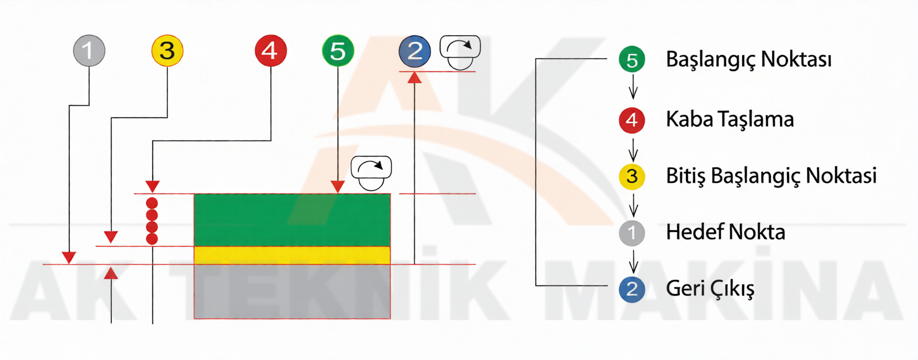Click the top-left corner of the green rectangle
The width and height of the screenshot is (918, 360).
point(194,194)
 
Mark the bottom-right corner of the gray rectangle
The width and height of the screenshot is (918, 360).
point(390,318)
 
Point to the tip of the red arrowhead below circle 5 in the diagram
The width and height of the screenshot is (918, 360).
point(338,193)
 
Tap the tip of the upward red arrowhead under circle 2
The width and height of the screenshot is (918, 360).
point(415,72)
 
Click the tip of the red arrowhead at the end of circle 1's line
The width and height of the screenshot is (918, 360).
point(69,264)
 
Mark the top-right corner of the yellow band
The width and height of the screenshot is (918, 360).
point(390,246)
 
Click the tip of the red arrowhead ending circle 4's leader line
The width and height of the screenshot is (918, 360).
point(152,193)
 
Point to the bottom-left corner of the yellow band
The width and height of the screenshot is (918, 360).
point(194,264)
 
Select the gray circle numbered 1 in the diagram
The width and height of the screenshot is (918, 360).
point(89,50)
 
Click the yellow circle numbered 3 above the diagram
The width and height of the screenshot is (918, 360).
point(167,50)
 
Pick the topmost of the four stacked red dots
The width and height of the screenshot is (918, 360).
point(152,203)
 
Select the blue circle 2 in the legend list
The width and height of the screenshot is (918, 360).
point(632,290)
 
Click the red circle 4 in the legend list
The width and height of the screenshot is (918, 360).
point(632,120)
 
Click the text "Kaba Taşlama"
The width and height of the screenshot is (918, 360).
point(730,120)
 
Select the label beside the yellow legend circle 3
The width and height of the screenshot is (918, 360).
point(772,177)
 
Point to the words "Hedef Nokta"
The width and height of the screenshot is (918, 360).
point(725,232)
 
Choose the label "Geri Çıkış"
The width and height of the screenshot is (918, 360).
point(710,288)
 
